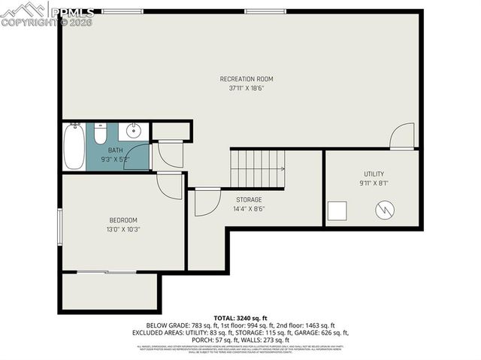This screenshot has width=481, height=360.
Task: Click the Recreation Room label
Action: (x=246, y=79)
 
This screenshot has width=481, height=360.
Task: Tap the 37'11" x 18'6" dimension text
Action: (x=246, y=88)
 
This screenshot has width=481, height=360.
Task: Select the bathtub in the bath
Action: (x=74, y=147)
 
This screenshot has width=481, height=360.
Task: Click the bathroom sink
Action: (x=132, y=132)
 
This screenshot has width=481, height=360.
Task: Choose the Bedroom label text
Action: (x=123, y=220)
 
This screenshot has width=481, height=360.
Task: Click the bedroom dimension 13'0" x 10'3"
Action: (x=123, y=229)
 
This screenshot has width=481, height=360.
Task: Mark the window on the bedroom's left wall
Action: (x=60, y=225)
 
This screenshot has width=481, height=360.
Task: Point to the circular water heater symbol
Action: (x=385, y=209)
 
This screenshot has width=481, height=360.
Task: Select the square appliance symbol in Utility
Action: (x=337, y=211)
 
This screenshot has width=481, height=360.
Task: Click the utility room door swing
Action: (x=402, y=137)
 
